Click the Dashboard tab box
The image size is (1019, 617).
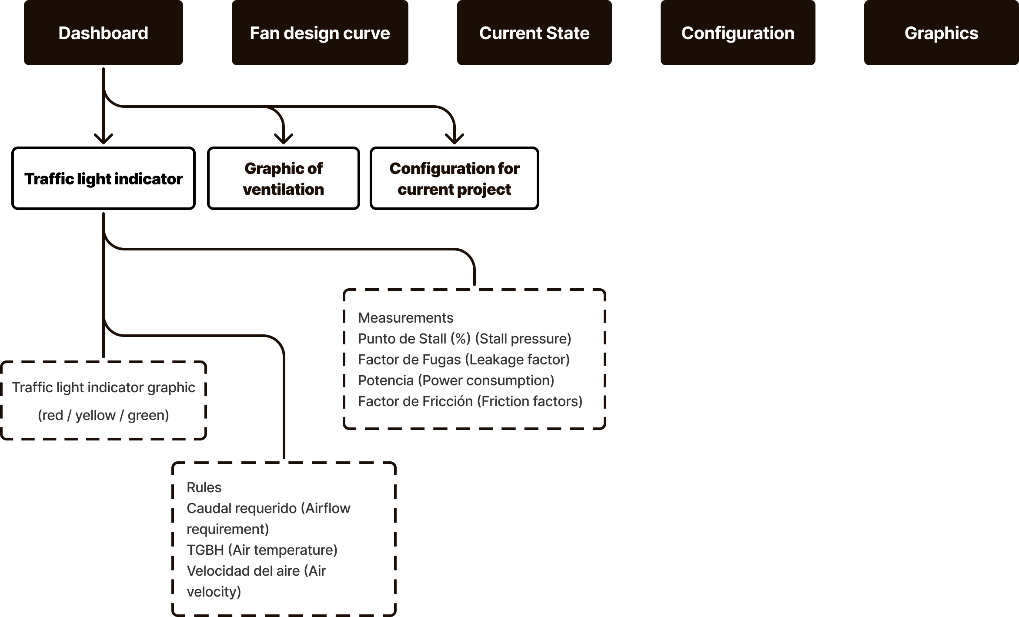pyautogui.click(x=104, y=33)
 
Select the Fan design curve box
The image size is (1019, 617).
pyautogui.click(x=320, y=33)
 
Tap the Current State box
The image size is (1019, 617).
pyautogui.click(x=534, y=33)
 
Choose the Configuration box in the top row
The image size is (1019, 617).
pyautogui.click(x=738, y=33)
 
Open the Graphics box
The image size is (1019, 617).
pyautogui.click(x=941, y=33)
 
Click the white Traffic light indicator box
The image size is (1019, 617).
pyautogui.click(x=104, y=179)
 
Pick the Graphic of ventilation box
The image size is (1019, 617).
pyautogui.click(x=284, y=179)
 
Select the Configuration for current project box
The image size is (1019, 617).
pyautogui.click(x=454, y=179)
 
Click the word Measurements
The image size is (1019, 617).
pyautogui.click(x=405, y=318)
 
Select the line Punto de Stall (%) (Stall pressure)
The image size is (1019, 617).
pyautogui.click(x=464, y=339)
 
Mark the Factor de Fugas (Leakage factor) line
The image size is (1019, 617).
pyautogui.click(x=464, y=360)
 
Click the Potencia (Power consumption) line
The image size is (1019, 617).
pyautogui.click(x=456, y=380)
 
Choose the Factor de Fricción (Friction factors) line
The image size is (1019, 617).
pyautogui.click(x=470, y=401)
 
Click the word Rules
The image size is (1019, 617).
pyautogui.click(x=204, y=487)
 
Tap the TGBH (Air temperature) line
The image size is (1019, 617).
pyautogui.click(x=262, y=550)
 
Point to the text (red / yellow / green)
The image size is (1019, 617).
pyautogui.click(x=103, y=415)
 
